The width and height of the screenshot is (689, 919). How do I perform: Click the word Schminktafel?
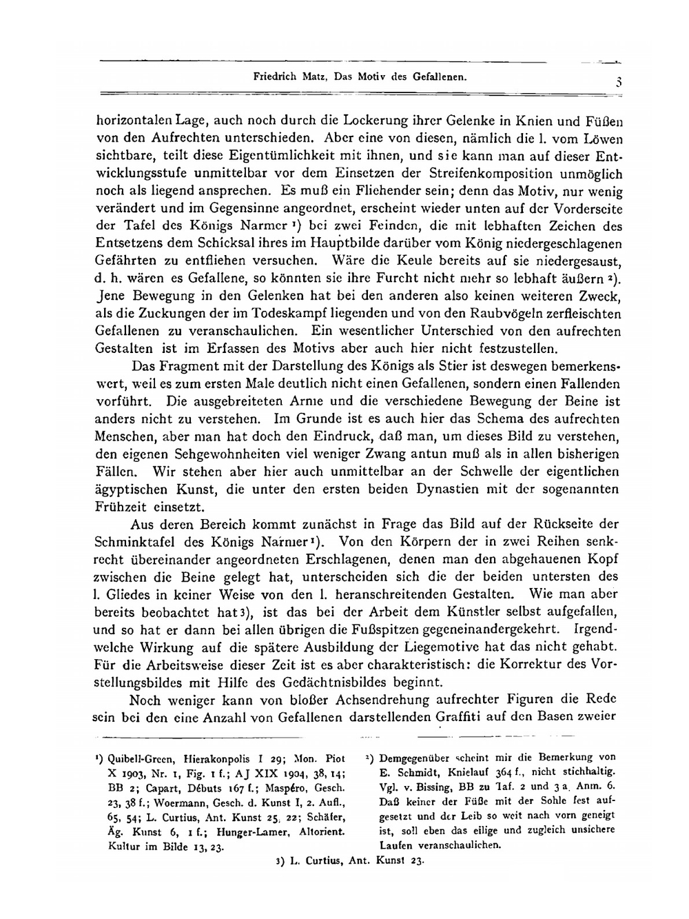[x=132, y=541]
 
